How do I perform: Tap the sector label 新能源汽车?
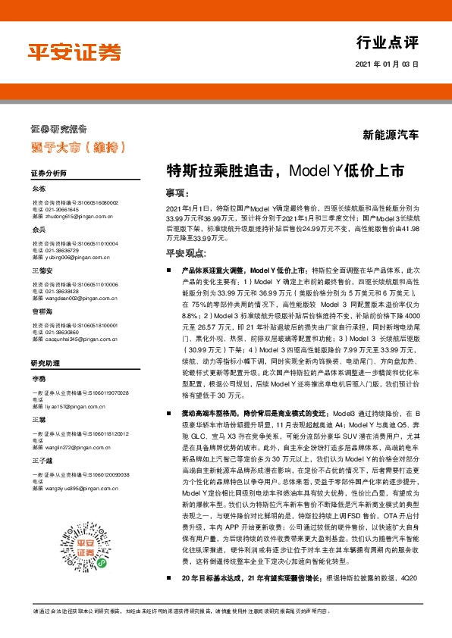click(391, 136)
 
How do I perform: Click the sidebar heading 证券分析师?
click(49, 174)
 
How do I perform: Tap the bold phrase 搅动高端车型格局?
click(215, 413)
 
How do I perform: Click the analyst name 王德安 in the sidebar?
click(42, 270)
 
